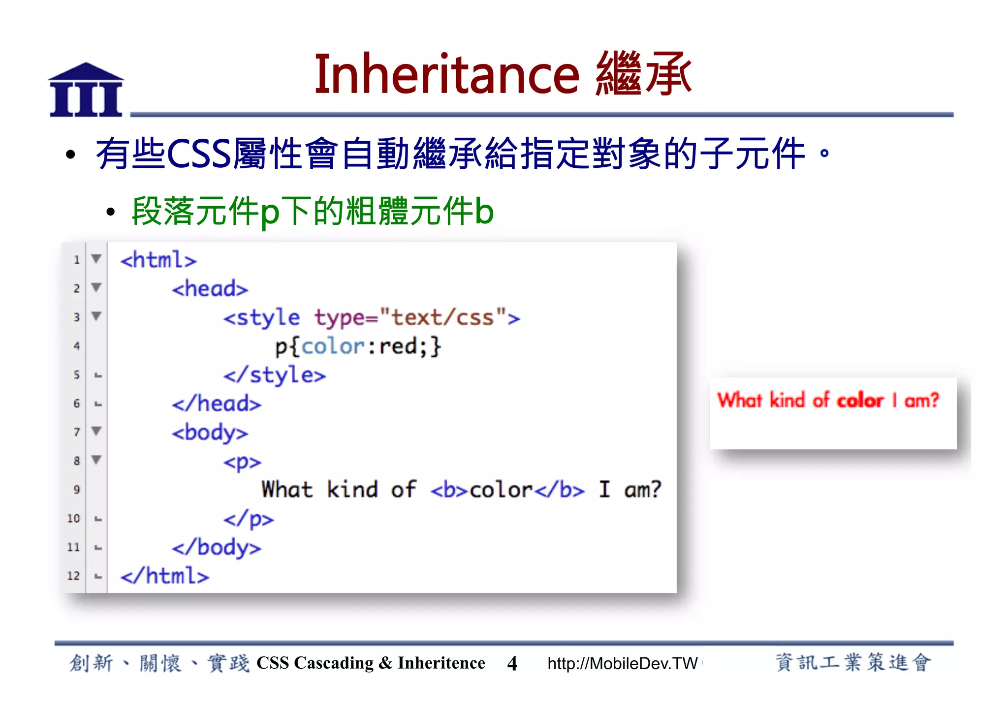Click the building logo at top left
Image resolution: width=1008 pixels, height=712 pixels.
point(86,90)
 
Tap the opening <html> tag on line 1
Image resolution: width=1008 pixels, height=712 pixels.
point(158,260)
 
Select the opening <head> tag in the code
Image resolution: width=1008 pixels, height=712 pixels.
point(210,288)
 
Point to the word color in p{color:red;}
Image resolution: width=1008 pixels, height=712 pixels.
point(333,346)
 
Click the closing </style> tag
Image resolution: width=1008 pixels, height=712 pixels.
point(275,375)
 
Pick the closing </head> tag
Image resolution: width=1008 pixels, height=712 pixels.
point(217,403)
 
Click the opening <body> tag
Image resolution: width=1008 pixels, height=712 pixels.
point(210,433)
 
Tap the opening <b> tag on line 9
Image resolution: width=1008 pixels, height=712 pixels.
point(449,490)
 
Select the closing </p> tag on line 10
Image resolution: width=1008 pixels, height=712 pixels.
point(249,519)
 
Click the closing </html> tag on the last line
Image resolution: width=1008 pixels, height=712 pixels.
point(165,576)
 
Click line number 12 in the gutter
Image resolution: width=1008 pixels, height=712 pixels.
point(73,576)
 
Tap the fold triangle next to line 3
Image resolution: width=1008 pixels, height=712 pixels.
point(96,316)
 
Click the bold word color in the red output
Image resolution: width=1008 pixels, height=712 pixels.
point(860,401)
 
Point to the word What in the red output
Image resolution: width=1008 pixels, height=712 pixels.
point(740,400)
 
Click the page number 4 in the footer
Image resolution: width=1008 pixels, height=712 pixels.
point(512,663)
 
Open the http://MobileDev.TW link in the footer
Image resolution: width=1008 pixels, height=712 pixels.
point(623,663)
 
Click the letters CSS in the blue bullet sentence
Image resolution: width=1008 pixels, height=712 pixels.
point(199,154)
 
